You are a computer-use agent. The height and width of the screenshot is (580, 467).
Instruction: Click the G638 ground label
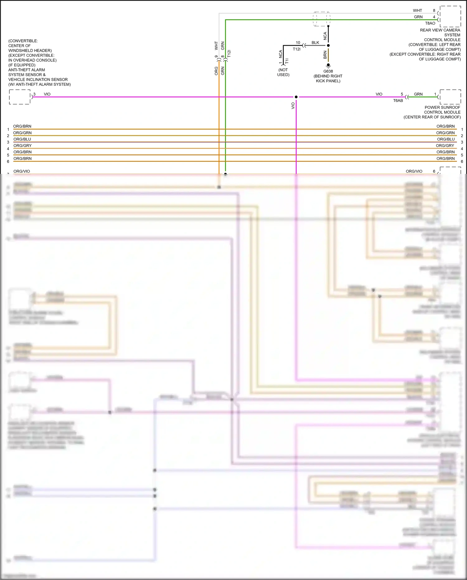(328, 71)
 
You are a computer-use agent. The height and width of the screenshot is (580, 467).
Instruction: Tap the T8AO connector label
(430, 23)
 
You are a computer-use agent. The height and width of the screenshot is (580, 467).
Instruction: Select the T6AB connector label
(398, 101)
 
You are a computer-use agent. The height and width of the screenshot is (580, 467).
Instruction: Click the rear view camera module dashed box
(450, 17)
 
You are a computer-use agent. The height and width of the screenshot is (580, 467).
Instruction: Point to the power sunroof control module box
(450, 97)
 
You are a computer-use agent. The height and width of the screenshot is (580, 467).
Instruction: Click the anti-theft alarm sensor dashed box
(20, 97)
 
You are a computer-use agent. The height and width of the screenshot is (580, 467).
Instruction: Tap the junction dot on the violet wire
(296, 97)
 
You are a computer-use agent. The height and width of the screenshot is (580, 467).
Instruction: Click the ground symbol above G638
(328, 66)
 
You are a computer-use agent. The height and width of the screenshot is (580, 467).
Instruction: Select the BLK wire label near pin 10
(315, 43)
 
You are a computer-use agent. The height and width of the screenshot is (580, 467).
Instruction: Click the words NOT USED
(283, 72)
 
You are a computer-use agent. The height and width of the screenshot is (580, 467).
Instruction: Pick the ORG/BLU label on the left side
(22, 139)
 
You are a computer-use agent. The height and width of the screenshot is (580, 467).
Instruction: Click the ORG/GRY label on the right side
(445, 146)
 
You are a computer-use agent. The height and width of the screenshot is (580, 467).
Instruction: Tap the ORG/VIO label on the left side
(22, 171)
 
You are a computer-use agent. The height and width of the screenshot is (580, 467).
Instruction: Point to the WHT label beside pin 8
(417, 11)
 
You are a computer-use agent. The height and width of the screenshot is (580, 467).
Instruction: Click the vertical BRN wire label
(325, 55)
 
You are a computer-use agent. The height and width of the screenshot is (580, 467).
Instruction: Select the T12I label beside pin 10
(296, 49)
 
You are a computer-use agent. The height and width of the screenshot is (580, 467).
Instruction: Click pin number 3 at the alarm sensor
(34, 94)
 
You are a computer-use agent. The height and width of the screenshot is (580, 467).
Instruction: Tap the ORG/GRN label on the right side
(445, 133)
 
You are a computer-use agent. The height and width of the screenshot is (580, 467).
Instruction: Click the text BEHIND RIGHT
(328, 76)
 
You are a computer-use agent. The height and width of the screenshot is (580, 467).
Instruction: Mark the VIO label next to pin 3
(47, 94)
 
